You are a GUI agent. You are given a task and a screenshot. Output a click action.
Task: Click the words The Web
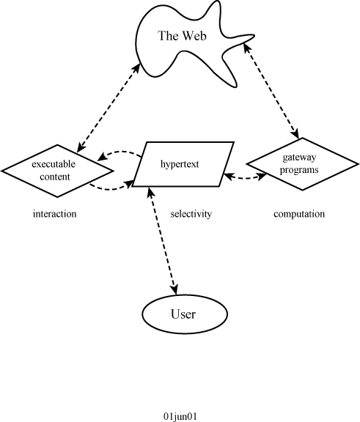pos(183,36)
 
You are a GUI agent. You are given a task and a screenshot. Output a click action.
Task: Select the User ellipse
pos(185,314)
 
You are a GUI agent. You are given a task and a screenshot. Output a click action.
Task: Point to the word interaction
pos(55,214)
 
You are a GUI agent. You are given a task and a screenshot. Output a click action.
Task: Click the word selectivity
pos(191,214)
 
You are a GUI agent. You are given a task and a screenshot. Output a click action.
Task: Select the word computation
pos(299,214)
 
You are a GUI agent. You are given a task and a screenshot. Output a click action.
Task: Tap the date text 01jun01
pos(180,416)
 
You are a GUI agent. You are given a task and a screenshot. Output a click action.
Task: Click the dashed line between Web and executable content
pos(109,108)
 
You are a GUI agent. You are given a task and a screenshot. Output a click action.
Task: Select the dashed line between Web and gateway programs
pos(271,91)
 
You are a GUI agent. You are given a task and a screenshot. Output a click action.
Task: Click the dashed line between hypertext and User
pos(163,241)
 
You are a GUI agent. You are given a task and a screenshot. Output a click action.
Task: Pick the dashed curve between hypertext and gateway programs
pos(245,177)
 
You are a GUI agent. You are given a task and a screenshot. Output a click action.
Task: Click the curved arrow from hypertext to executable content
pos(119,152)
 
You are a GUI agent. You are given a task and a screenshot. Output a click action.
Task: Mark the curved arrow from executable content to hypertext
pos(111,189)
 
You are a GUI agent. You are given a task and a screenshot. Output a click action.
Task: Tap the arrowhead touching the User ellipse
pos(175,289)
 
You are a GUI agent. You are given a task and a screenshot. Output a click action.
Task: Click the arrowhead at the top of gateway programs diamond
pos(295,133)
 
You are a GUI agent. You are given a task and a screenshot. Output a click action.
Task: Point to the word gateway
pos(299,158)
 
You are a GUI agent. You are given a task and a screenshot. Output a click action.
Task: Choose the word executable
pos(54,164)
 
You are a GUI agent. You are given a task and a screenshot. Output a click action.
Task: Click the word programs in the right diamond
pos(299,170)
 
